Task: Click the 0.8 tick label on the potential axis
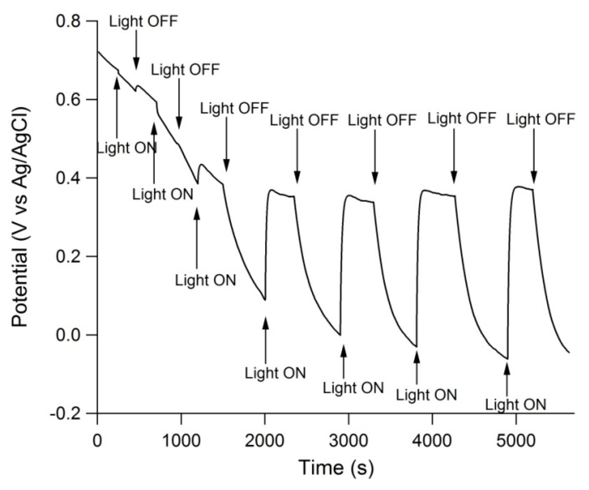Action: point(68,21)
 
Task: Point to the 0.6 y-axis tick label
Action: point(68,99)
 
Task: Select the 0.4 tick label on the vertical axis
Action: point(68,178)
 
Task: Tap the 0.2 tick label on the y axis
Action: point(68,257)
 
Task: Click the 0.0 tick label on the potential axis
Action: point(68,335)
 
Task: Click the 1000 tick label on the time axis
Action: point(181,441)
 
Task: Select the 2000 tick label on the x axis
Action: point(265,441)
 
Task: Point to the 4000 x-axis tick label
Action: point(432,441)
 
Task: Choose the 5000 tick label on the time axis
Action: point(516,441)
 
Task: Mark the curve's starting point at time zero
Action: point(98,51)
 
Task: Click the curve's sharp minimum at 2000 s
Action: point(265,300)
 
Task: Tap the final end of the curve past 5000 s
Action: point(569,353)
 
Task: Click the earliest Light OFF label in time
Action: point(143,22)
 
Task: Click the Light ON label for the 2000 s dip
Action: point(275,373)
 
